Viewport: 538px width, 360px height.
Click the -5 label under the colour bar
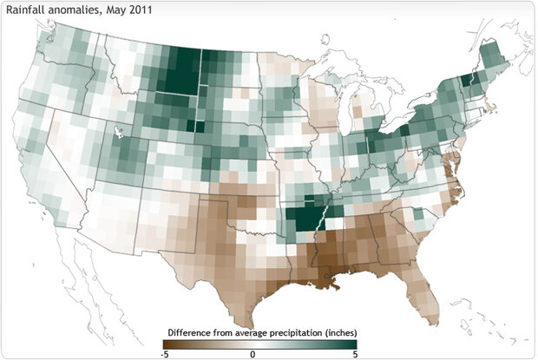(x=166, y=354)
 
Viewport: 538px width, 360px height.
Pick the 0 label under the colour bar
(x=252, y=354)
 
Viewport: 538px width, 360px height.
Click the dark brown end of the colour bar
(x=167, y=344)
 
